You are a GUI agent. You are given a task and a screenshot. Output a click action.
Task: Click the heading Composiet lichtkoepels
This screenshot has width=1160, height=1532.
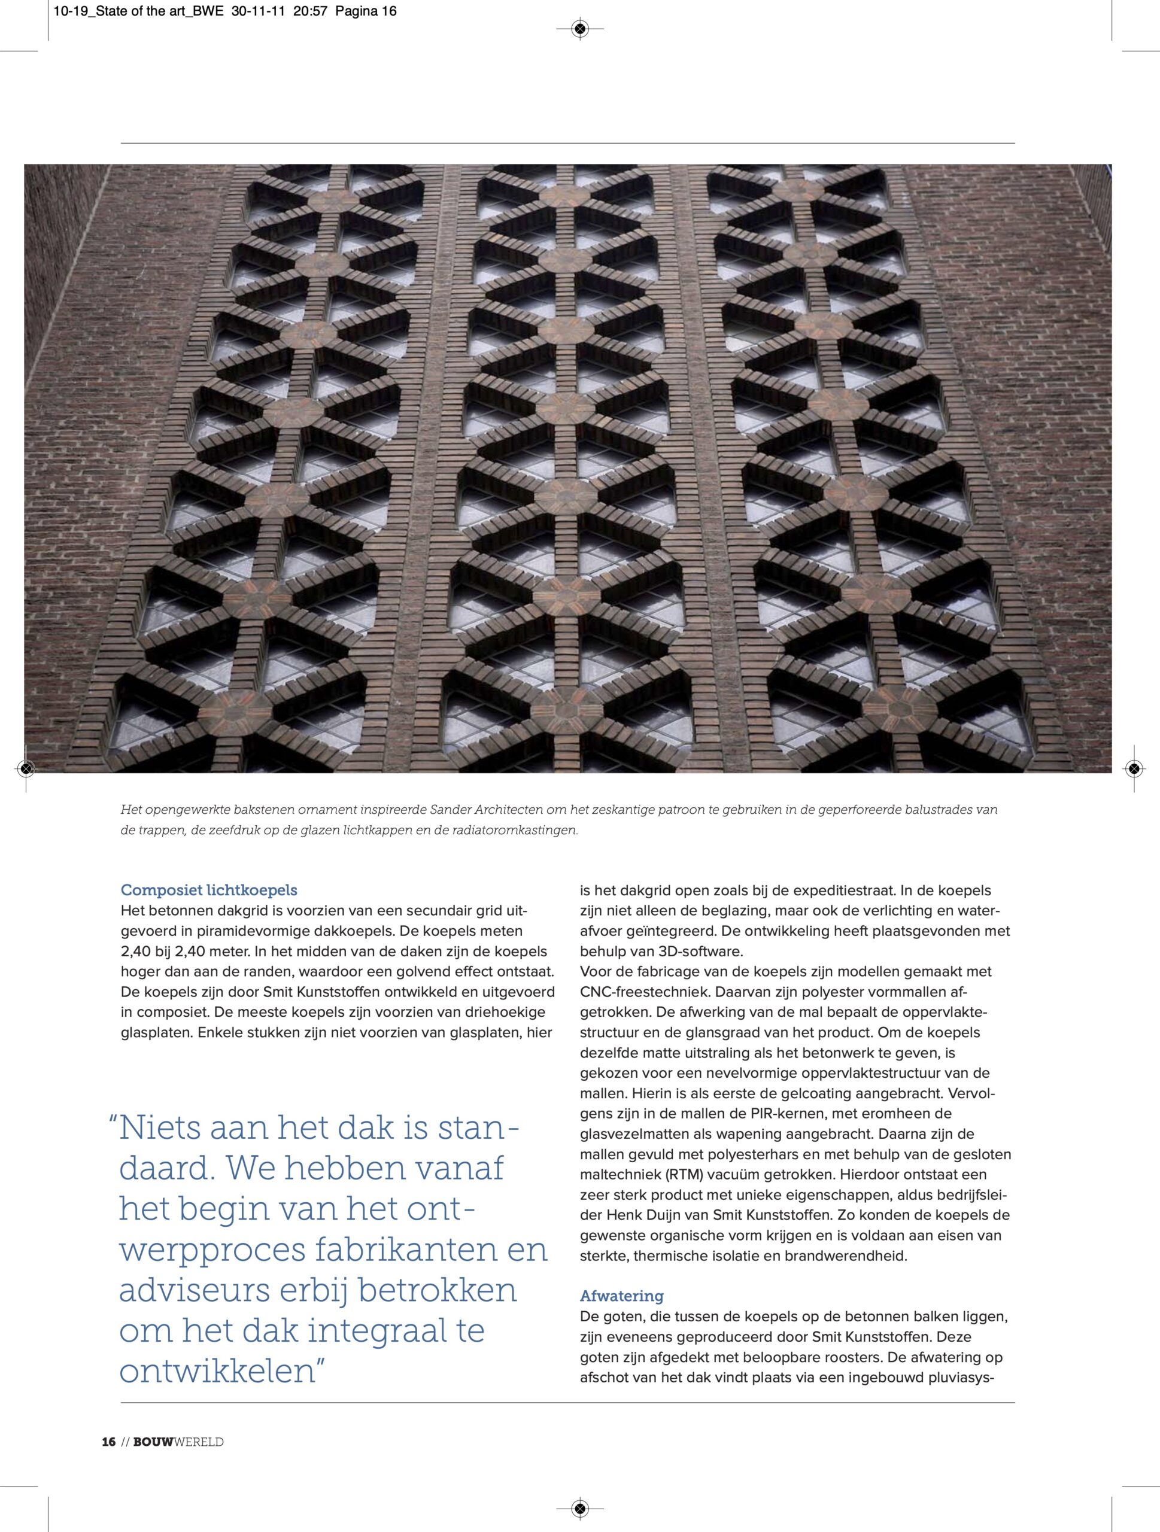point(208,889)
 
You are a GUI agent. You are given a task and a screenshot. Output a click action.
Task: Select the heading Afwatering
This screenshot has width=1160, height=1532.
point(621,1295)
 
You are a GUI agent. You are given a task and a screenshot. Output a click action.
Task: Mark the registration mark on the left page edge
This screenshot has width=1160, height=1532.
point(26,768)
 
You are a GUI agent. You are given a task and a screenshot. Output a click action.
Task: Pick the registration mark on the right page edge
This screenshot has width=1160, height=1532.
point(1133,768)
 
